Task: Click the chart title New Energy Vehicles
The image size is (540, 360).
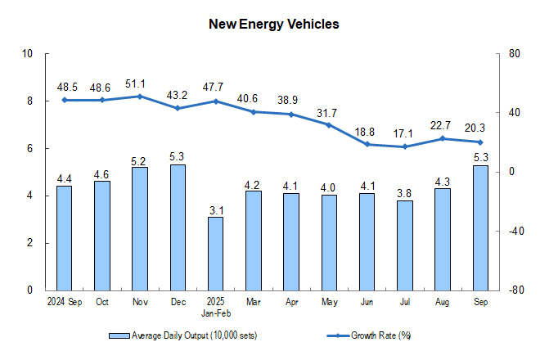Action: pyautogui.click(x=273, y=25)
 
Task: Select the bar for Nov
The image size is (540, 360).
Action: pyautogui.click(x=140, y=228)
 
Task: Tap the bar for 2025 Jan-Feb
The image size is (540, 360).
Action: pyautogui.click(x=215, y=253)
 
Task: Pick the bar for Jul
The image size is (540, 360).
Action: pyautogui.click(x=405, y=245)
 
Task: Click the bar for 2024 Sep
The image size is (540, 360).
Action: pyautogui.click(x=64, y=237)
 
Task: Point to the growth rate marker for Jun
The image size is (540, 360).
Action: pyautogui.click(x=367, y=144)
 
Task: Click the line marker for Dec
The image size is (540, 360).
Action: pyautogui.click(x=178, y=108)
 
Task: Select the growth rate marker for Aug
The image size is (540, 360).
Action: pyautogui.click(x=443, y=138)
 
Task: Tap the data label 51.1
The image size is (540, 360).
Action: pyautogui.click(x=140, y=83)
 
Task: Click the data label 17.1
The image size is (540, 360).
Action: pyautogui.click(x=405, y=133)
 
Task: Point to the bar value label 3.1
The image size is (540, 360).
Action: pyautogui.click(x=215, y=209)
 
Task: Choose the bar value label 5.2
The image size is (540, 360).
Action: pyautogui.click(x=140, y=160)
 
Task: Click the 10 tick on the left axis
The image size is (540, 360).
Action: pyautogui.click(x=27, y=54)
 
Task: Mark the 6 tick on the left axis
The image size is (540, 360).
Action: pyautogui.click(x=29, y=149)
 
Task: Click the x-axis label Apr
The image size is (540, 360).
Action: pyautogui.click(x=291, y=301)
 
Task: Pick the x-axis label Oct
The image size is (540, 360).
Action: pyautogui.click(x=102, y=301)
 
